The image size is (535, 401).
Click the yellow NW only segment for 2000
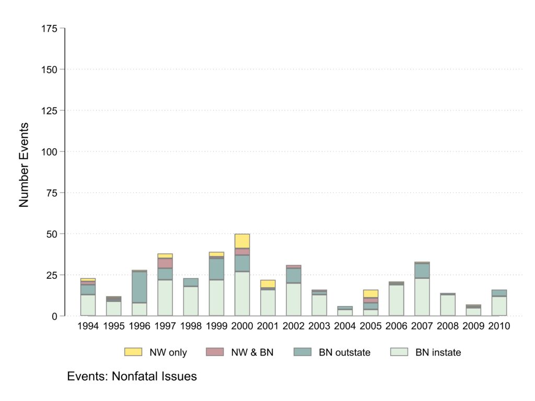(x=242, y=241)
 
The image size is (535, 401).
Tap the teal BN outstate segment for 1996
(x=139, y=287)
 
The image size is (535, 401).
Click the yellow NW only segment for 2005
(x=370, y=294)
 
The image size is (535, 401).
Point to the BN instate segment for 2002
(x=294, y=299)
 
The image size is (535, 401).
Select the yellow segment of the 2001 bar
(x=268, y=284)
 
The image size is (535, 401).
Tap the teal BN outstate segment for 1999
(x=216, y=269)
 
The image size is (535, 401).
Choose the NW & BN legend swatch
(x=217, y=352)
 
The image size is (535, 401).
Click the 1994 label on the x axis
(x=88, y=326)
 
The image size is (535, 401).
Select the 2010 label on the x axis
(x=499, y=326)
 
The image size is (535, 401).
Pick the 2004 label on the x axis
(x=345, y=326)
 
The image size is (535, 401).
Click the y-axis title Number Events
(x=24, y=165)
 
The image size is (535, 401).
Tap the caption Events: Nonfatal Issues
(x=132, y=376)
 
